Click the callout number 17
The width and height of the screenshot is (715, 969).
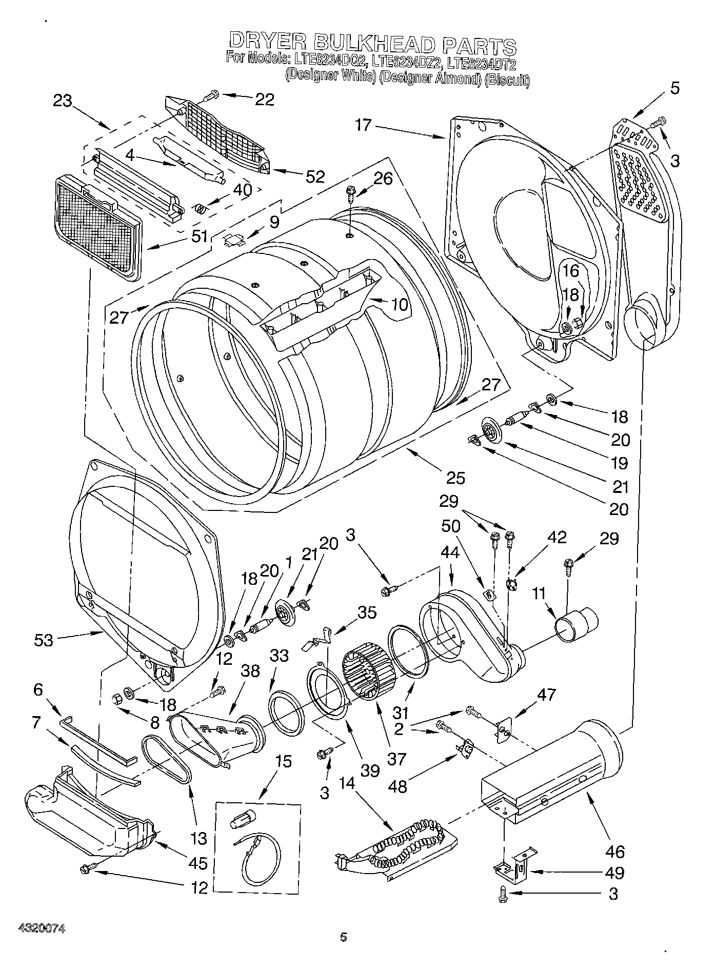[363, 125]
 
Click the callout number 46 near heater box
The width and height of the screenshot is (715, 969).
[614, 852]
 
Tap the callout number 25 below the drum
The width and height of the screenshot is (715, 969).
[455, 478]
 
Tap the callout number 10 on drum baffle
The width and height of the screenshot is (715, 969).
[399, 304]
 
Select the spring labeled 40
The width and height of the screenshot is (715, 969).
[203, 208]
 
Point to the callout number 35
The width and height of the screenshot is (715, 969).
[366, 612]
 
